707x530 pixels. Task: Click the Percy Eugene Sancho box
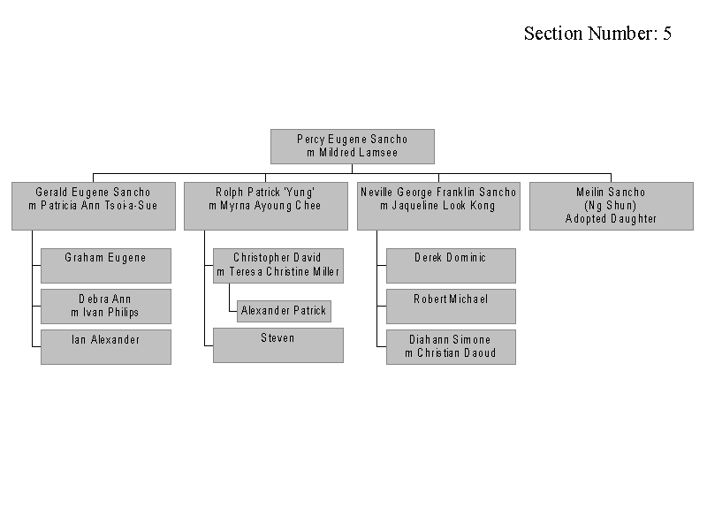352,147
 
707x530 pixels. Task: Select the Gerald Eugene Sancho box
94,206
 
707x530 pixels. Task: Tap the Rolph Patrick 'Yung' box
266,206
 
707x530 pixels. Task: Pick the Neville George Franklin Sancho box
438,206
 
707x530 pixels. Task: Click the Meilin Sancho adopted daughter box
611,206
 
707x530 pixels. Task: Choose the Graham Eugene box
106,266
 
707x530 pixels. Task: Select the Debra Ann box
106,307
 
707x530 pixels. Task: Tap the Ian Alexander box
106,347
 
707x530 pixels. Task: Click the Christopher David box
278,266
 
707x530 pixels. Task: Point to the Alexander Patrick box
284,311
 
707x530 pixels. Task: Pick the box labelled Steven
278,345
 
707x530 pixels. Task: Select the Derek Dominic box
451,266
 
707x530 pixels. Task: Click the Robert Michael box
451,307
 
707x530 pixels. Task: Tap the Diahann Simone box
451,347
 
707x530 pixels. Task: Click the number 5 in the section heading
667,34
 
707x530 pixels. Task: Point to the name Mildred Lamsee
359,153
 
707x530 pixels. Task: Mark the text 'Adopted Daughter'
611,218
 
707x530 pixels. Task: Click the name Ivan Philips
110,313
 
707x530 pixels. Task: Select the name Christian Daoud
456,352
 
